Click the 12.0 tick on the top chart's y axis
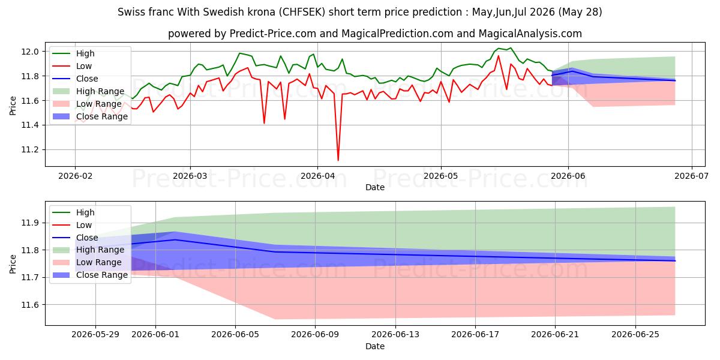[30, 52]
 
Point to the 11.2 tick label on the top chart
[30, 150]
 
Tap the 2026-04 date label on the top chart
[317, 176]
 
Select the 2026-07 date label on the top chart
[692, 176]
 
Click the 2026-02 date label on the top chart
[75, 176]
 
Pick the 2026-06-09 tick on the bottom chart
[315, 335]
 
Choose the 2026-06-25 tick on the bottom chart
[635, 335]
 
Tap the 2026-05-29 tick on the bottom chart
[95, 335]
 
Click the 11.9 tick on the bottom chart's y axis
[30, 223]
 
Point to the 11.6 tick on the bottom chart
[30, 305]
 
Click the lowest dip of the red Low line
[338, 160]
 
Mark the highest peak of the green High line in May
[511, 48]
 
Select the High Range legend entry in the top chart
[88, 91]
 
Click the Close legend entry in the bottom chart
[75, 238]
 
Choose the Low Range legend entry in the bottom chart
[87, 262]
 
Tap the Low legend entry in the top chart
[72, 66]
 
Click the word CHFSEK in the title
[302, 12]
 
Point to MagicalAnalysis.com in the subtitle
[530, 34]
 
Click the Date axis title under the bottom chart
[375, 346]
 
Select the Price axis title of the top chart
[13, 106]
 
